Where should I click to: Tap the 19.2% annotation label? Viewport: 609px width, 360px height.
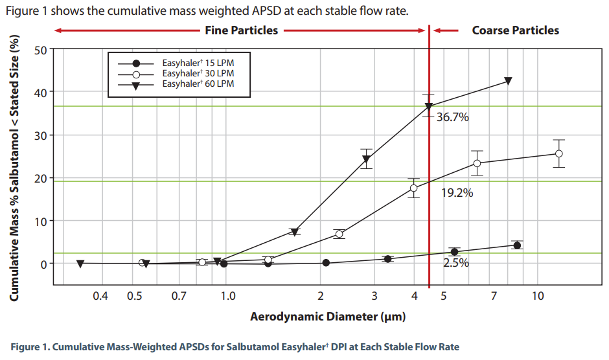(457, 192)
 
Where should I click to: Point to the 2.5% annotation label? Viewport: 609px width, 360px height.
(455, 263)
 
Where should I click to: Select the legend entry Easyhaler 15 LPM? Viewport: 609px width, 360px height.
(198, 63)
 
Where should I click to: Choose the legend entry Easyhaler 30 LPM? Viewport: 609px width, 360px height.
(198, 74)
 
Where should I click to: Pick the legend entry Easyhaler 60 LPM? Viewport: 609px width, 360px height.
(198, 84)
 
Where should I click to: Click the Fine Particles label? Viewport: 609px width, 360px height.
(241, 30)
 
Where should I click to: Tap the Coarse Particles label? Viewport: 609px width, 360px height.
(515, 30)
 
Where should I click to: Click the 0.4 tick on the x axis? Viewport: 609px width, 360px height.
(100, 296)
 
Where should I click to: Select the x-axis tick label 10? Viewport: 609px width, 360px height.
(537, 296)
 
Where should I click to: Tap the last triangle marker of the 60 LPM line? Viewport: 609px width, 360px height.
(508, 81)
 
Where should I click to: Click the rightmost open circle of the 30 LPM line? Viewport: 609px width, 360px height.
(558, 153)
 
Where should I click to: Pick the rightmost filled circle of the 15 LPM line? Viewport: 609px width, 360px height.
(516, 245)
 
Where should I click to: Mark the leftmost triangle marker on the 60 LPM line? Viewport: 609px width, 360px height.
(80, 264)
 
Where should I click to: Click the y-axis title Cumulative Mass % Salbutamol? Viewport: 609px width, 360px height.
(14, 167)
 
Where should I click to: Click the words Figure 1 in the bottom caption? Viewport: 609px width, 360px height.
(29, 346)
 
